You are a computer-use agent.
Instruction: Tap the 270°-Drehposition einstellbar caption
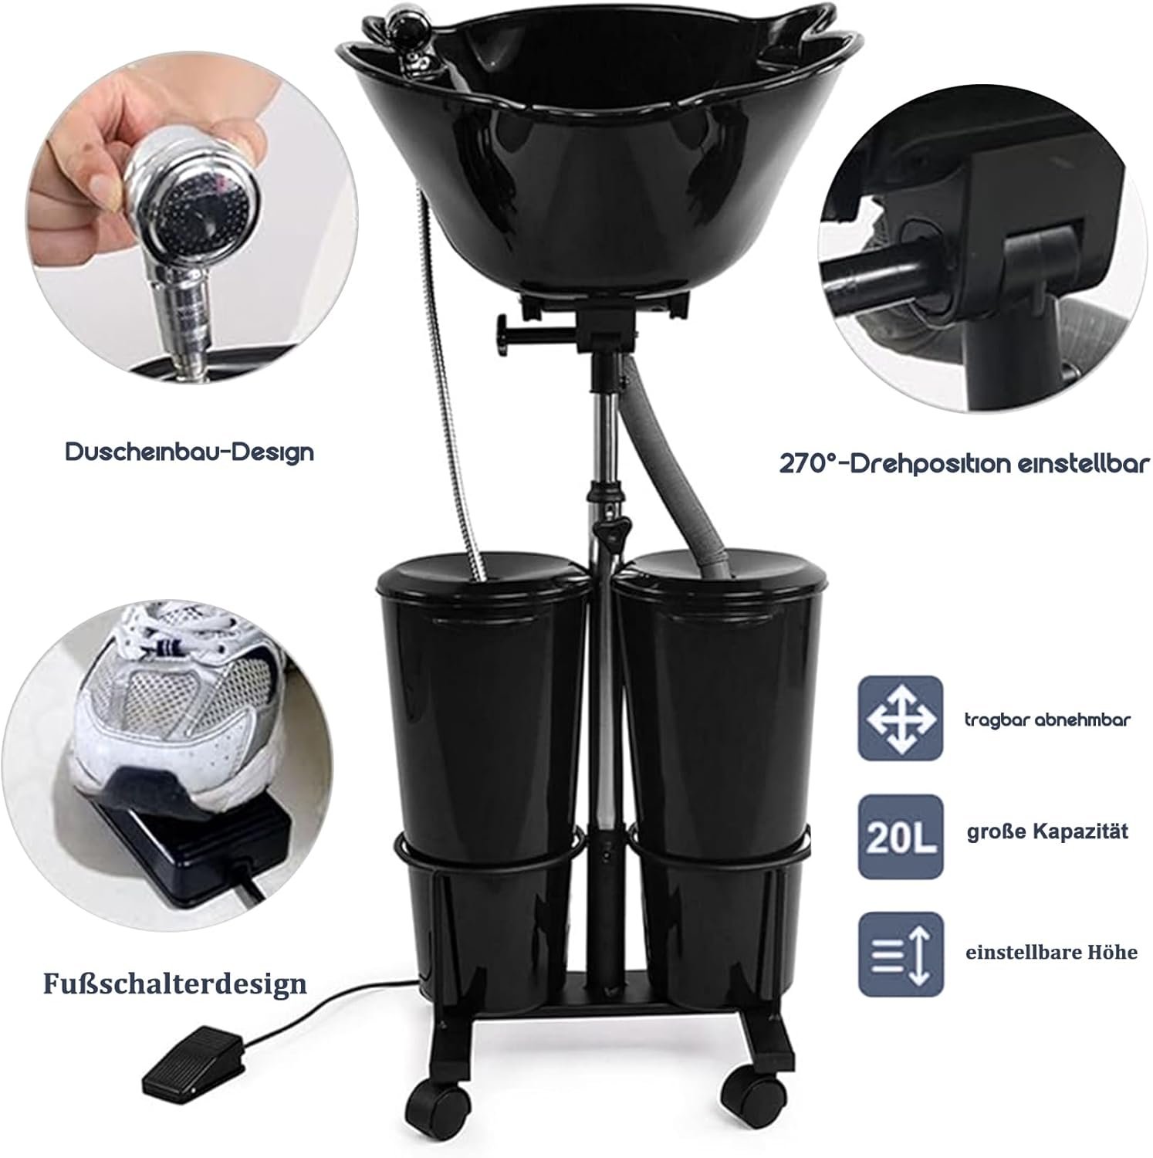(x=965, y=463)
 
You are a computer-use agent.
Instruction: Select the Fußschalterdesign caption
(x=175, y=984)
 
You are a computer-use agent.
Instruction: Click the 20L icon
(x=901, y=838)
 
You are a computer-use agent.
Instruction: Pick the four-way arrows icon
(x=901, y=719)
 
